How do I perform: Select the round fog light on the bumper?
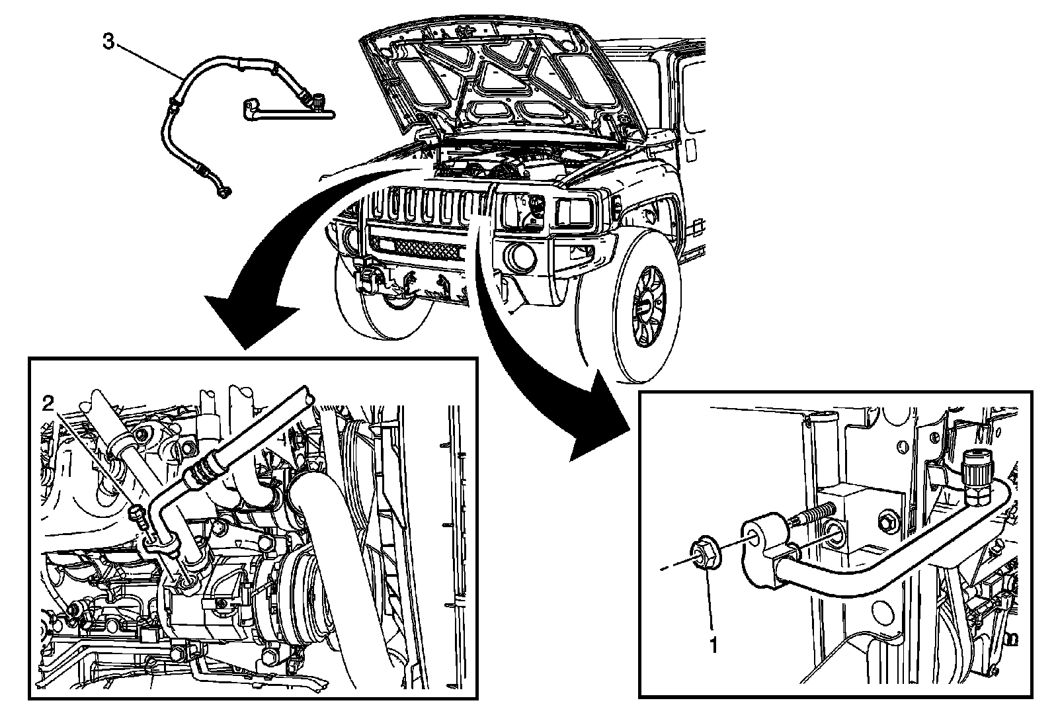520,257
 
